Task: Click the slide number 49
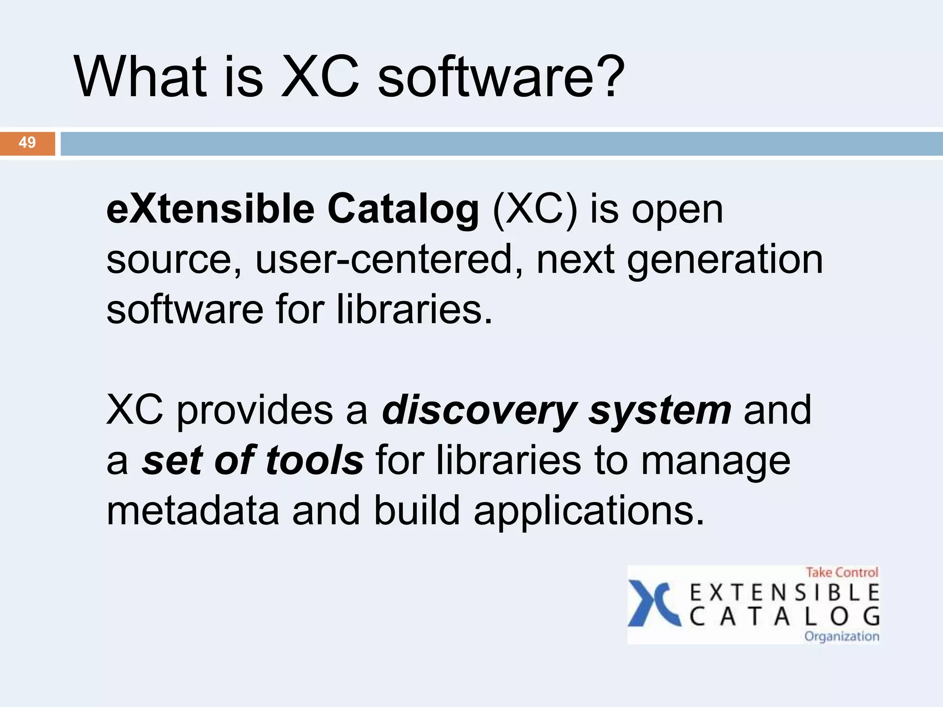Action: click(x=27, y=143)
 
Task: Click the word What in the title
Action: click(x=140, y=77)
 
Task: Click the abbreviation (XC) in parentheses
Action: click(x=535, y=211)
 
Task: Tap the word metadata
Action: click(x=193, y=511)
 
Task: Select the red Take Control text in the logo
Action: click(x=842, y=573)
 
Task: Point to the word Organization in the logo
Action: click(x=842, y=637)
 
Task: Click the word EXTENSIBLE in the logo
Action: click(x=785, y=593)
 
